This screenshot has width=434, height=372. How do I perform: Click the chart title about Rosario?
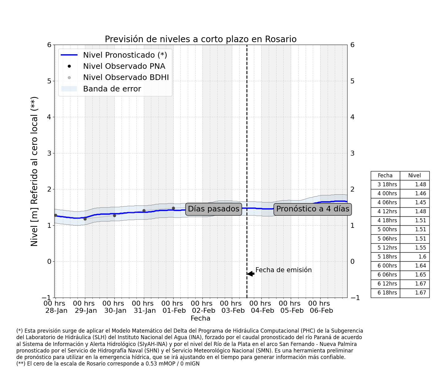201,39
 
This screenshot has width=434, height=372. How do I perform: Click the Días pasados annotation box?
214,209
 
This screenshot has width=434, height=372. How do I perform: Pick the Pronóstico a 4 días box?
313,209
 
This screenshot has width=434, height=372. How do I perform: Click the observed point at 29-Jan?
85,219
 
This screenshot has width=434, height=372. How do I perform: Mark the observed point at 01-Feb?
173,208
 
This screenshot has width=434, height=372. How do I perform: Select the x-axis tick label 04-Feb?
263,311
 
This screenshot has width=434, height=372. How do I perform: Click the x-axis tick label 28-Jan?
56,311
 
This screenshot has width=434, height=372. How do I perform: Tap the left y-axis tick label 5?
49,81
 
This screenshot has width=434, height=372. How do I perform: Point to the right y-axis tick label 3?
352,153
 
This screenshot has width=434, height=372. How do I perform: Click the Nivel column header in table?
414,175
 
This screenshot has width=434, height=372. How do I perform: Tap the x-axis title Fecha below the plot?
200,318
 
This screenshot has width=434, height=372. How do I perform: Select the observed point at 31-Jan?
144,210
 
